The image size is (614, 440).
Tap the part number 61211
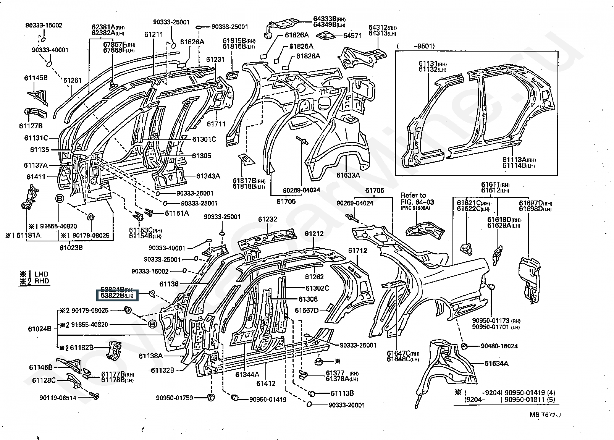153,34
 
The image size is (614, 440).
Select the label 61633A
348,175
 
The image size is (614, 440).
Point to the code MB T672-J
545,415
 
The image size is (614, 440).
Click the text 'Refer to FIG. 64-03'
417,199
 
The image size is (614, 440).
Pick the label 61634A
496,363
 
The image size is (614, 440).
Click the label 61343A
208,176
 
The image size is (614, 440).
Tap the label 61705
286,202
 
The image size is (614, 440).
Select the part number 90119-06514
57,398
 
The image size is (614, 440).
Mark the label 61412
266,383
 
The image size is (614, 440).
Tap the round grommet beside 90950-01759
210,398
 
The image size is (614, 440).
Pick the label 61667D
307,310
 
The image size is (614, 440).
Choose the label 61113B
342,393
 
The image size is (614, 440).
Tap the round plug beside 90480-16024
465,346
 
